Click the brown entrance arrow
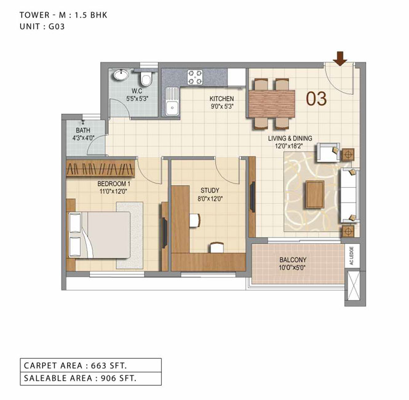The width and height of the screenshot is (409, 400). pyautogui.click(x=340, y=58)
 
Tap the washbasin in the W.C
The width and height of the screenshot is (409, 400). pyautogui.click(x=121, y=75)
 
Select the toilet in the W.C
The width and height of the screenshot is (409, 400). pyautogui.click(x=146, y=78)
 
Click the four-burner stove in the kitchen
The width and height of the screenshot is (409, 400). pyautogui.click(x=195, y=78)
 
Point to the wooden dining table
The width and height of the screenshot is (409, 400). pyautogui.click(x=272, y=103)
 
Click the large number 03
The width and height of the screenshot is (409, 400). pyautogui.click(x=316, y=98)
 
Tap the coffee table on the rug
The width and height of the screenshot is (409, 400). pyautogui.click(x=316, y=194)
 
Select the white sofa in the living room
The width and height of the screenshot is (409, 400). pyautogui.click(x=350, y=195)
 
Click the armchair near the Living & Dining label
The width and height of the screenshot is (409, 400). pyautogui.click(x=328, y=153)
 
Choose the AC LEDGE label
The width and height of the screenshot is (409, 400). pyautogui.click(x=352, y=256)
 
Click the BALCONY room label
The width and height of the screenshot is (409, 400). pyautogui.click(x=293, y=260)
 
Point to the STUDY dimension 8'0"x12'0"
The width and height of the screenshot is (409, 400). pyautogui.click(x=210, y=199)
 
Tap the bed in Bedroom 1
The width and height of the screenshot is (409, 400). pyautogui.click(x=98, y=234)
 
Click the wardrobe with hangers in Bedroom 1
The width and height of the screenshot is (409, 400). pyautogui.click(x=100, y=168)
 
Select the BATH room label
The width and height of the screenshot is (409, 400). pyautogui.click(x=83, y=130)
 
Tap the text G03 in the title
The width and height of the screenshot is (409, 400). pyautogui.click(x=57, y=26)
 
